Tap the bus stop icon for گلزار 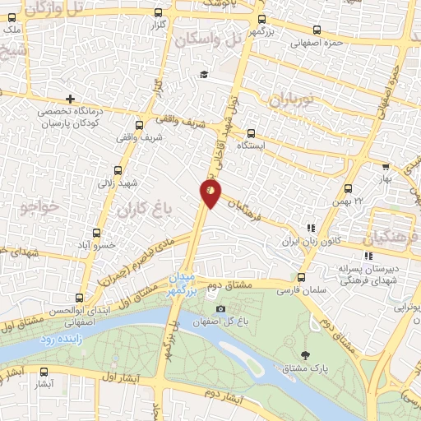coord(158,13)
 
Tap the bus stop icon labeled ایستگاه coord(251,133)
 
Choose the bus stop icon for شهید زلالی coord(118,171)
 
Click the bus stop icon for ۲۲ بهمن coord(349,189)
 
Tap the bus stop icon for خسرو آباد coord(97,234)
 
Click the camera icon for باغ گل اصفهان coord(220,309)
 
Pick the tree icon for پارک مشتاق coord(306,355)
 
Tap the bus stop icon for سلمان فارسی coord(302,277)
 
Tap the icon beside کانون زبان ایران coord(311,229)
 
